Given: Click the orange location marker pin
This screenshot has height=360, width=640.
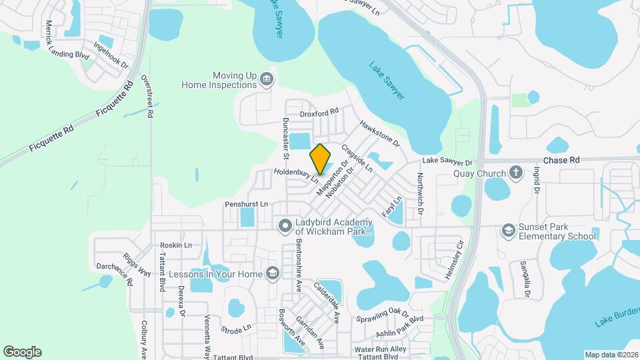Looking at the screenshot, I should tap(320, 159).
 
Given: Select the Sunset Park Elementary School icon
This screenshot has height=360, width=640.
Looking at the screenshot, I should tap(509, 230).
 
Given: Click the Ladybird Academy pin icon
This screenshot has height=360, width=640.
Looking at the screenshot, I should tap(285, 225).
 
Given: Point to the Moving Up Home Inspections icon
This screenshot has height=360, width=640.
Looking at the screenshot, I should tap(267, 80).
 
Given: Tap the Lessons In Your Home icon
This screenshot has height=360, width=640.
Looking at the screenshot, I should tap(272, 273).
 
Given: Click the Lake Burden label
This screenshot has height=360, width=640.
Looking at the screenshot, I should tap(614, 316).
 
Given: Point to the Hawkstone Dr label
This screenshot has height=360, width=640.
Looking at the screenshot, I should tap(379, 134).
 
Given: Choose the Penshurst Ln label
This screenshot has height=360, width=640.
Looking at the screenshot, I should tap(246, 203).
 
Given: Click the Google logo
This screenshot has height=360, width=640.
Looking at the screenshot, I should tap(22, 352).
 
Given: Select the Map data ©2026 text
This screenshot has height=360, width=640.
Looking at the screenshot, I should tap(611, 355).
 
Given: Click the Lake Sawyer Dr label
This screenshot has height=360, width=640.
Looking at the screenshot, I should tap(447, 162).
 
